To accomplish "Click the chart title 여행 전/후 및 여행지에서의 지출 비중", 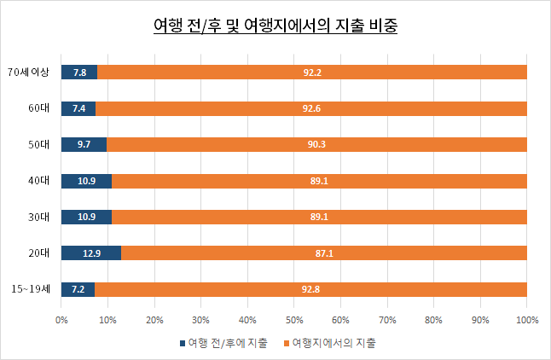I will pos(275,26).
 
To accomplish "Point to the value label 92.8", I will pos(311,290).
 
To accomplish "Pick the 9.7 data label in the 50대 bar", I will pos(84,145).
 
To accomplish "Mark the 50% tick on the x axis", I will pos(294,320).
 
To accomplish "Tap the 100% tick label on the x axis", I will pos(526,320).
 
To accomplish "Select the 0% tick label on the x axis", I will pos(61,320).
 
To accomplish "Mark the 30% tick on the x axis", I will pos(201,320).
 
